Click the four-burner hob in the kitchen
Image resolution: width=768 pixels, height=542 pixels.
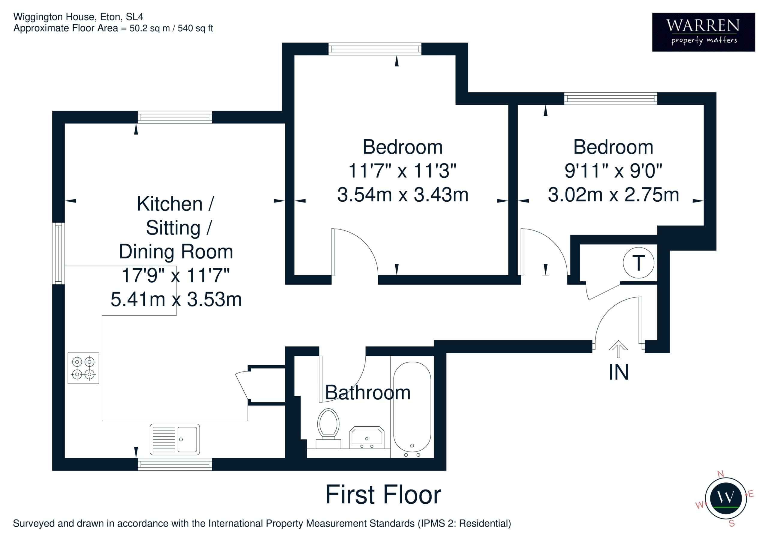[83, 368]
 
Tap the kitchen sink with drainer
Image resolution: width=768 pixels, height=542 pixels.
[175, 440]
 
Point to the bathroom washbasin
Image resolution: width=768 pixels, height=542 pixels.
[367, 437]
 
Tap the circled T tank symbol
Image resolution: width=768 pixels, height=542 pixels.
[639, 263]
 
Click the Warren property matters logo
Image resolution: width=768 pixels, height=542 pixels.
[703, 32]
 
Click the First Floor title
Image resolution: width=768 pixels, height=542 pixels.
[383, 495]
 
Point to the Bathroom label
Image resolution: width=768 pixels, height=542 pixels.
[367, 392]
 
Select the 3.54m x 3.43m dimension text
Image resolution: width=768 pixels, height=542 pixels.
[403, 194]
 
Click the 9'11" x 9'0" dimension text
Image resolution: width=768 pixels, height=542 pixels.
[613, 171]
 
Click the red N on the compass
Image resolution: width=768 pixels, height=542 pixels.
[721, 474]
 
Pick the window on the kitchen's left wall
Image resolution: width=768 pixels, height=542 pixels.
[58, 254]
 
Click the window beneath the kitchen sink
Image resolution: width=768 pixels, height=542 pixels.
[175, 464]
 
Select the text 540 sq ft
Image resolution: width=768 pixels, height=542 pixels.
[195, 28]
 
